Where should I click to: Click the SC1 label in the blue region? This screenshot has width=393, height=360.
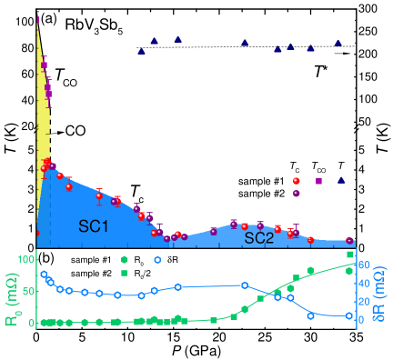94,226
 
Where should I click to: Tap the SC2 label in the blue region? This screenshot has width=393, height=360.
259,238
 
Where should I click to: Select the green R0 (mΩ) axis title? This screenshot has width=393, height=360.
10,292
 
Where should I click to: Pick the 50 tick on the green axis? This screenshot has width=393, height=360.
27,291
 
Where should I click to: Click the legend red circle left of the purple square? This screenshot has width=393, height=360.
296,181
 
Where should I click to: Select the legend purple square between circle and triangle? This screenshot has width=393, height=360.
318,181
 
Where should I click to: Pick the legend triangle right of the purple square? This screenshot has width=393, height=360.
341,180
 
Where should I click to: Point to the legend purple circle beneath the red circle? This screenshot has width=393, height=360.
296,193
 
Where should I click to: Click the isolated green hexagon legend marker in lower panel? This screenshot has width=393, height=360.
125,260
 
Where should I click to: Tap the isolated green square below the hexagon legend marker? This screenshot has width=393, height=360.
125,273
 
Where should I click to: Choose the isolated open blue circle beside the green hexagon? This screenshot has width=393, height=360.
158,260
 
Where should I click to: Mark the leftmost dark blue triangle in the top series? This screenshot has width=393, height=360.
141,51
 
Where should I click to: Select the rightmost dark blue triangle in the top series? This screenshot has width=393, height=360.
338,42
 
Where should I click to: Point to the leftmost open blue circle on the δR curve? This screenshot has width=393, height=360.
44,274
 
